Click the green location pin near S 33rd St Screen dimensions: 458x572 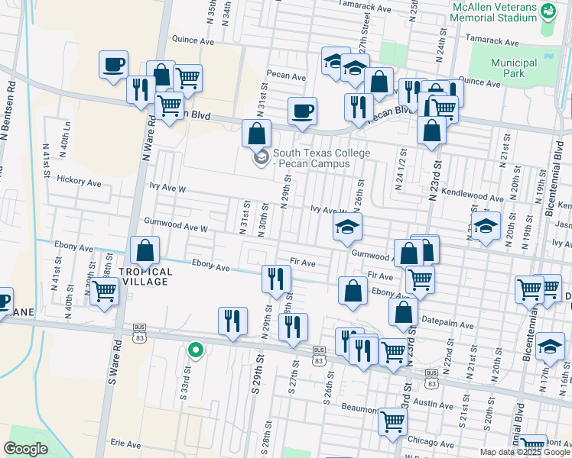tap(196, 350)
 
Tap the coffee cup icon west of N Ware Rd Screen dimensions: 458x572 tap(113, 64)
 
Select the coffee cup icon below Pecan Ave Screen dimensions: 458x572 tap(302, 111)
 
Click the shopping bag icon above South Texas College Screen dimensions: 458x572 tap(256, 133)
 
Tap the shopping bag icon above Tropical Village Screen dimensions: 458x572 tap(145, 250)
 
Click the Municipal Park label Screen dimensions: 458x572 tap(514, 68)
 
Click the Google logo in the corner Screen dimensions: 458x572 tap(25, 449)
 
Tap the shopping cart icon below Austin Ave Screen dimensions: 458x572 tap(392, 421)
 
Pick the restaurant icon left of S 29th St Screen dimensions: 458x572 tap(232, 321)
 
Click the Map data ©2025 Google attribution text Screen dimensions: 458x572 tap(524, 452)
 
